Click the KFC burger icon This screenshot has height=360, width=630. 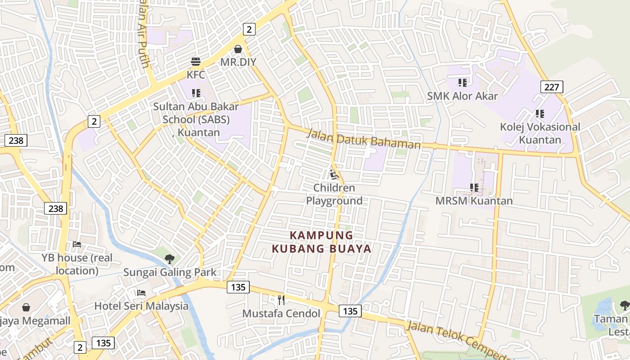tap(195, 61)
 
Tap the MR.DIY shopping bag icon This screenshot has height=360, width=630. tap(238, 49)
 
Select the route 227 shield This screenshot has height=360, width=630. tap(552, 87)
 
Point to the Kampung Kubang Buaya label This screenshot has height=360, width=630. tap(322, 242)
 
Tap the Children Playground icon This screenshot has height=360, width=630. tap(334, 175)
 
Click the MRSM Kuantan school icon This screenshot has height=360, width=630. tap(474, 187)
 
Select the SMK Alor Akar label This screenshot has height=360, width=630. tap(462, 96)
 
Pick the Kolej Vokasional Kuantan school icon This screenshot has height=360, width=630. tap(540, 114)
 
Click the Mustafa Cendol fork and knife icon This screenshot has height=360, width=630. tap(281, 300)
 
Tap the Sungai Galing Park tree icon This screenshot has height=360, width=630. tap(170, 259)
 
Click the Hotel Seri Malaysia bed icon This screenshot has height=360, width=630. tap(141, 293)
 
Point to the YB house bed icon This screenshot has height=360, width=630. tap(77, 244)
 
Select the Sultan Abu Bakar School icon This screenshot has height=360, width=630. tap(196, 93)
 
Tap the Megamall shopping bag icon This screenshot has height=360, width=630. tap(26, 307)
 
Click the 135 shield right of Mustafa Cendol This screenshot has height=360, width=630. tap(350, 311)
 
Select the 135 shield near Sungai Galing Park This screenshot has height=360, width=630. tap(238, 287)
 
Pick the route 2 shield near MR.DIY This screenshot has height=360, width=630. tap(249, 29)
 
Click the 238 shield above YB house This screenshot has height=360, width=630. tap(56, 208)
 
